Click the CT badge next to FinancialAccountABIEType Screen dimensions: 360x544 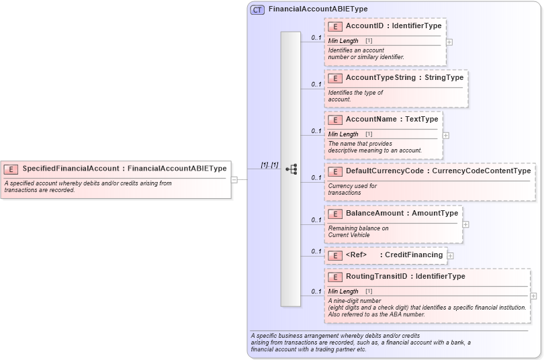[257, 9]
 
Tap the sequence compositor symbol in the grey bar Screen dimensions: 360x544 [291, 169]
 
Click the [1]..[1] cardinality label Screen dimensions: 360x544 [269, 165]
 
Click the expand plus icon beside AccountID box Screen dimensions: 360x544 [449, 42]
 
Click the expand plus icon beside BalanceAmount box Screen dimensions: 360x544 [465, 224]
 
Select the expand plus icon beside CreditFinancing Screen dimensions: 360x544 [450, 256]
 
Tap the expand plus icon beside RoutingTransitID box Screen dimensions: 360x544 [533, 296]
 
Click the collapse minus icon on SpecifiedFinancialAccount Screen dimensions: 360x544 [234, 179]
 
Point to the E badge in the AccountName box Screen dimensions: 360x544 [335, 120]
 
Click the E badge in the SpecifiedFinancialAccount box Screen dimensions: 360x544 [11, 169]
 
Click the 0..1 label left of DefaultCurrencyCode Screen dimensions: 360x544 [316, 178]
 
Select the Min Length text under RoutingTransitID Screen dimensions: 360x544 [343, 291]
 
